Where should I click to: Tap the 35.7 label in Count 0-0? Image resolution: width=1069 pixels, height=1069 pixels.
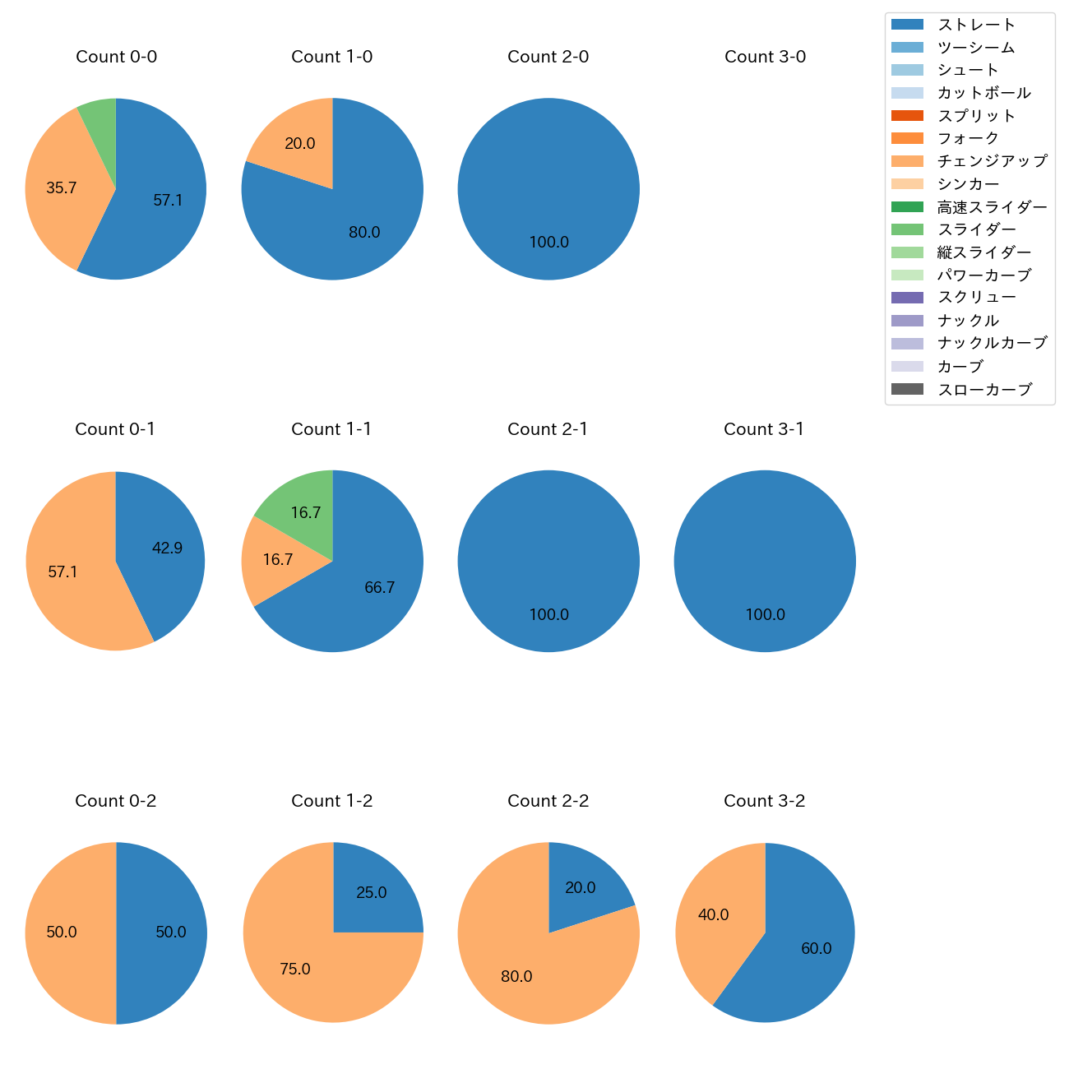click(62, 188)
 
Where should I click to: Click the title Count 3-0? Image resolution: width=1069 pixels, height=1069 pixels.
click(765, 57)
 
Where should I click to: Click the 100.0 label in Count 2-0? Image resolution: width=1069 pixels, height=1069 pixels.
click(548, 243)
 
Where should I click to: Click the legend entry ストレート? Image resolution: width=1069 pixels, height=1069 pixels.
click(976, 25)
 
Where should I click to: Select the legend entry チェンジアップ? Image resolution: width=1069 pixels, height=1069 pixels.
click(992, 161)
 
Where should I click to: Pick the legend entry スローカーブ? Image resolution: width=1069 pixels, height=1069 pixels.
click(984, 390)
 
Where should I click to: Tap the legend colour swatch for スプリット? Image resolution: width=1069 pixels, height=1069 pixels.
click(907, 116)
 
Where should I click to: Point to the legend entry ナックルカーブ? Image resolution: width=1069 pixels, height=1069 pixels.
click(992, 344)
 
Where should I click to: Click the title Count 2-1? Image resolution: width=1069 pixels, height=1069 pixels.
click(548, 429)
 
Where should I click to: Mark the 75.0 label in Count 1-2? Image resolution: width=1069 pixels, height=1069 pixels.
click(295, 970)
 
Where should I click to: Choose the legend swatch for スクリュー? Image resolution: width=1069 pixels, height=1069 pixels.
click(907, 298)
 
